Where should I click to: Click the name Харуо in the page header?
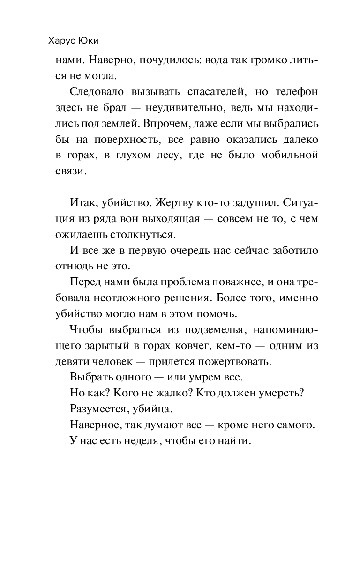63,41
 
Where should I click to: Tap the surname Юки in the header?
94,41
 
